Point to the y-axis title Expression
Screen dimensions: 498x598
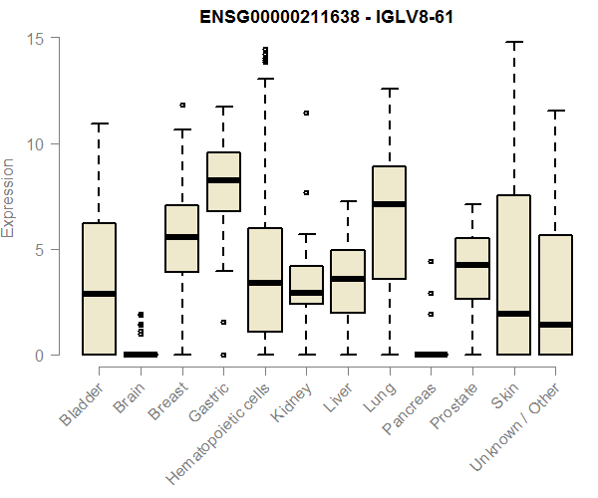9,196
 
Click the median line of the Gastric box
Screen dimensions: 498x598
223,180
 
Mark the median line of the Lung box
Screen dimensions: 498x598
389,204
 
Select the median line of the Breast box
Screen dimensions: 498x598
181,237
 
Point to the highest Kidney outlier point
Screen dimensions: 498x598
306,114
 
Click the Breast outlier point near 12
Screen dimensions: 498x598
182,105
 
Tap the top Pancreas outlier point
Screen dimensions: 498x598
431,261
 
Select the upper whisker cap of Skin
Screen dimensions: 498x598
514,43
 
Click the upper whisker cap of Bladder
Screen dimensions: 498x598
99,124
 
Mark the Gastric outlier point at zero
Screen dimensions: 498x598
223,355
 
